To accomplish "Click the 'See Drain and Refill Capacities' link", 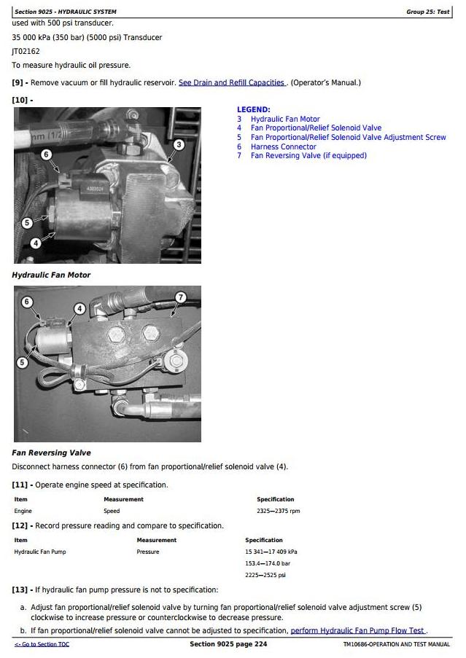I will point(232,82).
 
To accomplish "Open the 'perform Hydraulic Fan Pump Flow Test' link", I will point(357,630).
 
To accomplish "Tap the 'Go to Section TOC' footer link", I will point(42,644).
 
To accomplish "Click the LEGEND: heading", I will point(253,109).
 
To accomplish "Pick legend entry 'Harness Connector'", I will point(283,146).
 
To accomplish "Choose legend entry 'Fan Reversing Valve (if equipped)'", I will point(308,155).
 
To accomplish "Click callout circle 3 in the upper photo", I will point(179,144).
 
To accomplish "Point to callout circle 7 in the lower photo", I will point(181,297).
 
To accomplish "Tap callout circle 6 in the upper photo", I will point(46,154).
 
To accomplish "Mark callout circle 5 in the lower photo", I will point(23,362).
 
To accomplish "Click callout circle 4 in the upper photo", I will point(35,243).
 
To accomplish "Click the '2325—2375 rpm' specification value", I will point(279,511).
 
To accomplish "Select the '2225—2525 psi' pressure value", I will point(265,575).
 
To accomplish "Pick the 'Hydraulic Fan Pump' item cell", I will point(40,552).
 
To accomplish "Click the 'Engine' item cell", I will point(23,511).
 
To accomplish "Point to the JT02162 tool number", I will point(26,51).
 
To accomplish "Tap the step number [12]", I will point(20,525).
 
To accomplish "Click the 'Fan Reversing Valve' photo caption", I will point(52,453).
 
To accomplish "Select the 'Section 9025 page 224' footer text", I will point(228,644).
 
